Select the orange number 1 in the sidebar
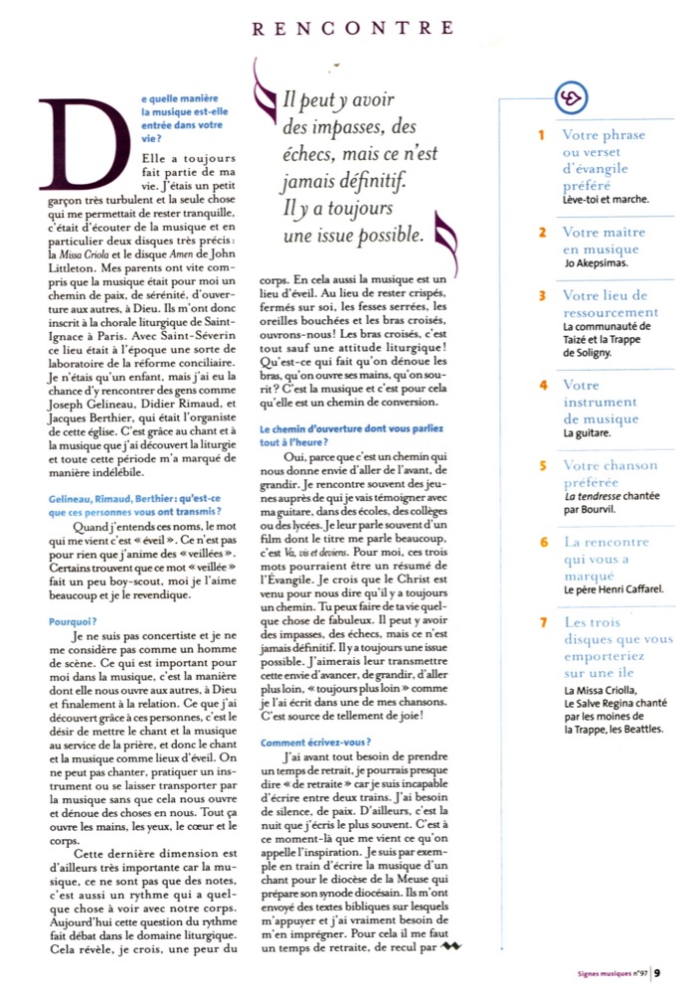tap(542, 135)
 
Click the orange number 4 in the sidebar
tap(542, 385)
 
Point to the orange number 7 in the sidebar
tap(542, 622)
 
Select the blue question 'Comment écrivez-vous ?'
tap(302, 742)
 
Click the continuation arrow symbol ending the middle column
tap(458, 945)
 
